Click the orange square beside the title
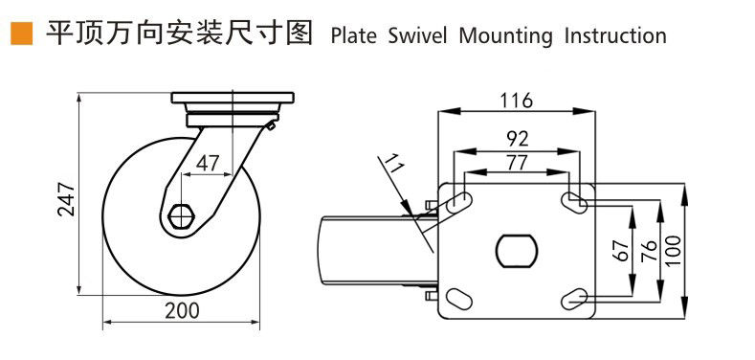(22, 34)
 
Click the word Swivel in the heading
(417, 36)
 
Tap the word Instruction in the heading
(615, 36)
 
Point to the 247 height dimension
(66, 199)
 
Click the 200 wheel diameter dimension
(182, 311)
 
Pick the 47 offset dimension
(208, 164)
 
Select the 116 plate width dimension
(516, 101)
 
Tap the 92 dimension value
(518, 139)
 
